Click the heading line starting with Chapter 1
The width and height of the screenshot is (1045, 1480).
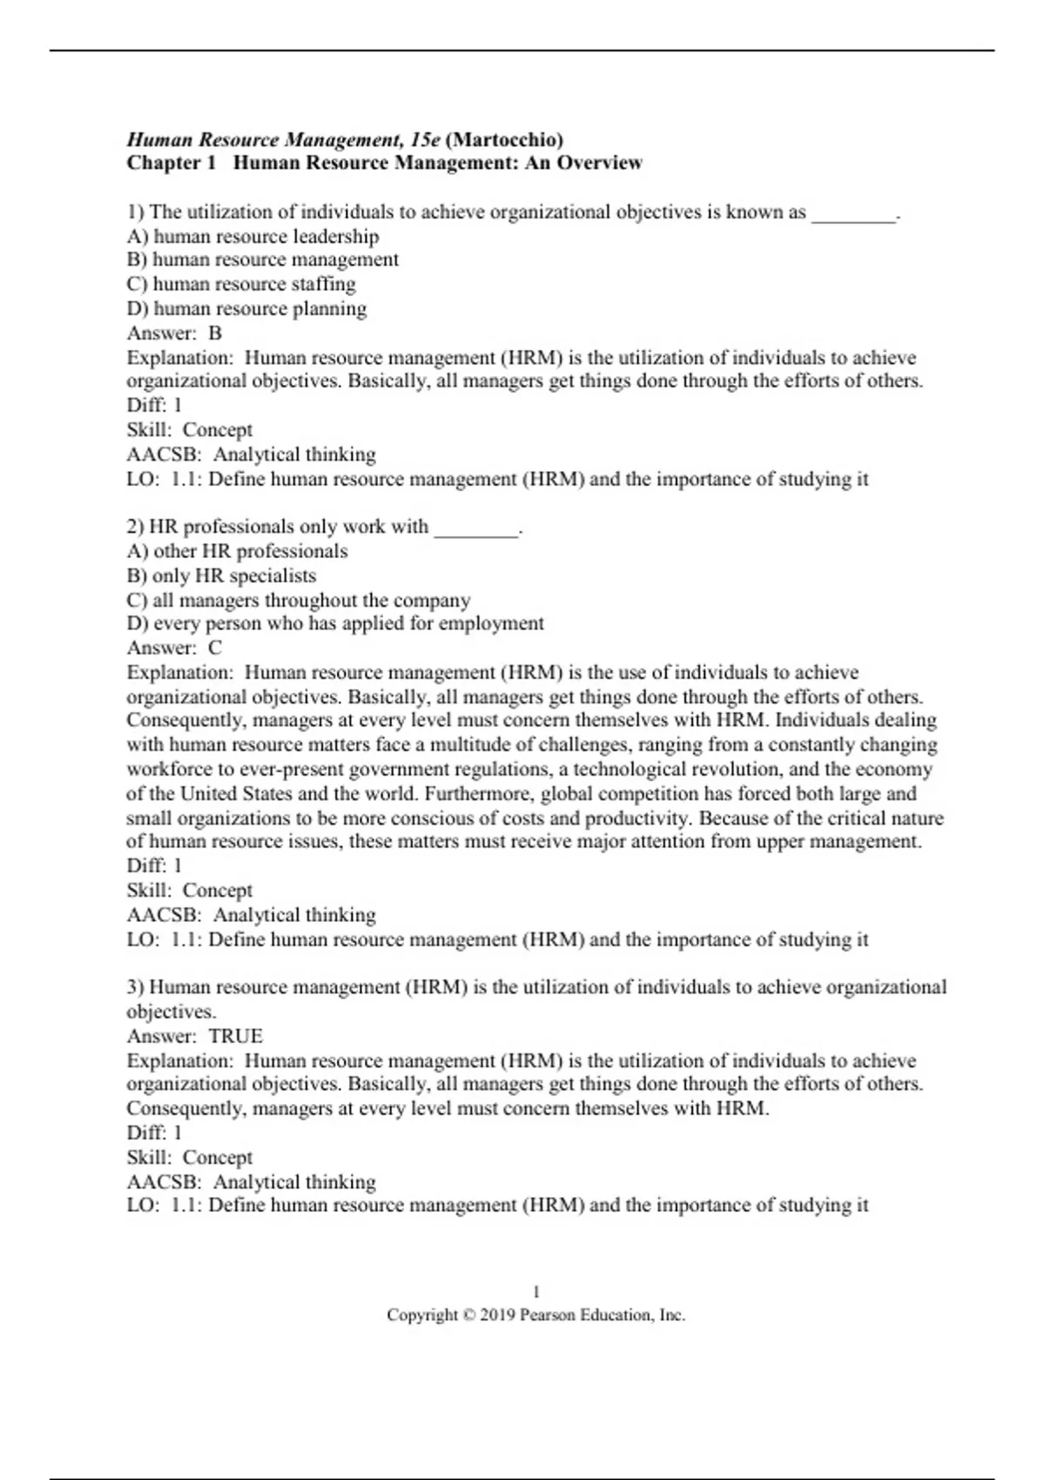coord(384,163)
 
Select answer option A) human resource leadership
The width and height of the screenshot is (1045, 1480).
coord(253,236)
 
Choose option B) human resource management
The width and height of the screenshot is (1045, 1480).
coord(262,259)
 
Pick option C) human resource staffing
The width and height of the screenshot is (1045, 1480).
coord(241,284)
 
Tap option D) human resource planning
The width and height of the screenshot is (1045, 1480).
coord(246,308)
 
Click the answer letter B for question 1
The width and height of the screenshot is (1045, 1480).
coord(215,333)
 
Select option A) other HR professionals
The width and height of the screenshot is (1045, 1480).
coord(237,551)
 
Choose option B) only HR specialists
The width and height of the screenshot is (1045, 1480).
coord(221,575)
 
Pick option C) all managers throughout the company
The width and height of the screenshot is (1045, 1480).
coord(298,600)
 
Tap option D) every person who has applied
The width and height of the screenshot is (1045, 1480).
coord(335,623)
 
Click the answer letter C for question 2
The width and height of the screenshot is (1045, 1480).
coord(215,648)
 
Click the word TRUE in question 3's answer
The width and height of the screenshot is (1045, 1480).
coord(236,1036)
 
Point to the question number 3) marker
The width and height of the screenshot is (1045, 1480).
coord(135,987)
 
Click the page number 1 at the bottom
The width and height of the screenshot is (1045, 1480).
coord(536,1292)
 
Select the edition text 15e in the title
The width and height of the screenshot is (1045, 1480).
coord(424,139)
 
